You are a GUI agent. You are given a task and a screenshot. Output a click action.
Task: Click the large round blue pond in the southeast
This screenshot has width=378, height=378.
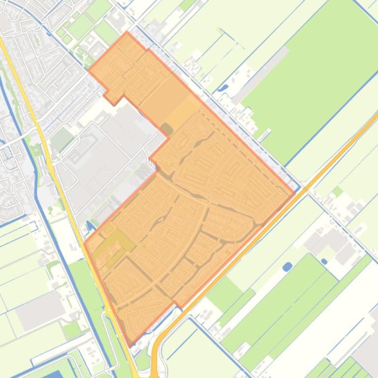pyautogui.click(x=288, y=267)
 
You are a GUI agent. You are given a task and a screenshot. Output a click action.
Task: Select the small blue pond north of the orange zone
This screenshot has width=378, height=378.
pyautogui.click(x=224, y=88)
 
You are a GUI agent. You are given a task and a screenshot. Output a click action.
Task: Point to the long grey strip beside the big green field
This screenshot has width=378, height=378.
pyautogui.click(x=261, y=74)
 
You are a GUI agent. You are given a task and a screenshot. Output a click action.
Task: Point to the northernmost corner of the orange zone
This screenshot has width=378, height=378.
pyautogui.click(x=127, y=33)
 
